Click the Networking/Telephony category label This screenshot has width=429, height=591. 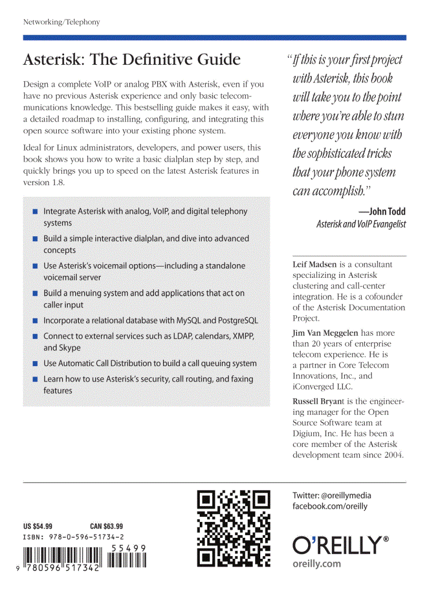pyautogui.click(x=62, y=22)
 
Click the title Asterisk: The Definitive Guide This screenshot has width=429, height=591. pyautogui.click(x=131, y=60)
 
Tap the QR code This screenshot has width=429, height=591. pyautogui.click(x=233, y=528)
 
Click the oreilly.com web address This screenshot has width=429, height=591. pyautogui.click(x=316, y=564)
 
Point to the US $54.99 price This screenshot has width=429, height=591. pyautogui.click(x=38, y=526)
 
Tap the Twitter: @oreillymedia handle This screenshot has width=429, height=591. pyautogui.click(x=332, y=495)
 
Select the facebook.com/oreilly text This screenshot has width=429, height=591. pyautogui.click(x=330, y=506)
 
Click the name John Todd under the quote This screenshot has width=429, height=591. pyautogui.click(x=387, y=212)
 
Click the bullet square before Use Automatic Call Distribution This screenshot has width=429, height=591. pyautogui.click(x=35, y=364)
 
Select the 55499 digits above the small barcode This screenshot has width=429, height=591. pyautogui.click(x=128, y=548)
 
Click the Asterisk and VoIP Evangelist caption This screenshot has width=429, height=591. pyautogui.click(x=361, y=224)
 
